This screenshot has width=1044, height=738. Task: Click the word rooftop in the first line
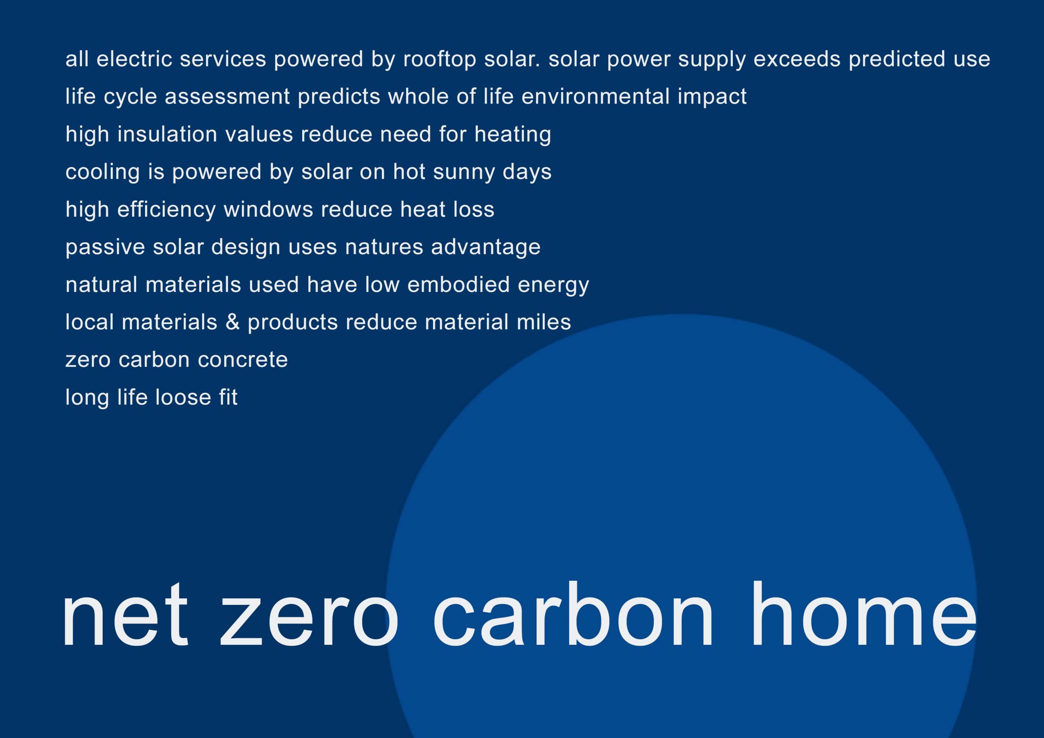439,60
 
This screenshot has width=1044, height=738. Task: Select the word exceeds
796,59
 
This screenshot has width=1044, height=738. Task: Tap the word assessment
227,97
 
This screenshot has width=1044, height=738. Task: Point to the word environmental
595,96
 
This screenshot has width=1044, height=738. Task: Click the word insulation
167,134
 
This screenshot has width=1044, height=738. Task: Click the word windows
268,210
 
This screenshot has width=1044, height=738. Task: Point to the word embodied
458,285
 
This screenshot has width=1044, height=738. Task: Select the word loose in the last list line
183,398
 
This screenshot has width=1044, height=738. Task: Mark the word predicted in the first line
897,60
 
